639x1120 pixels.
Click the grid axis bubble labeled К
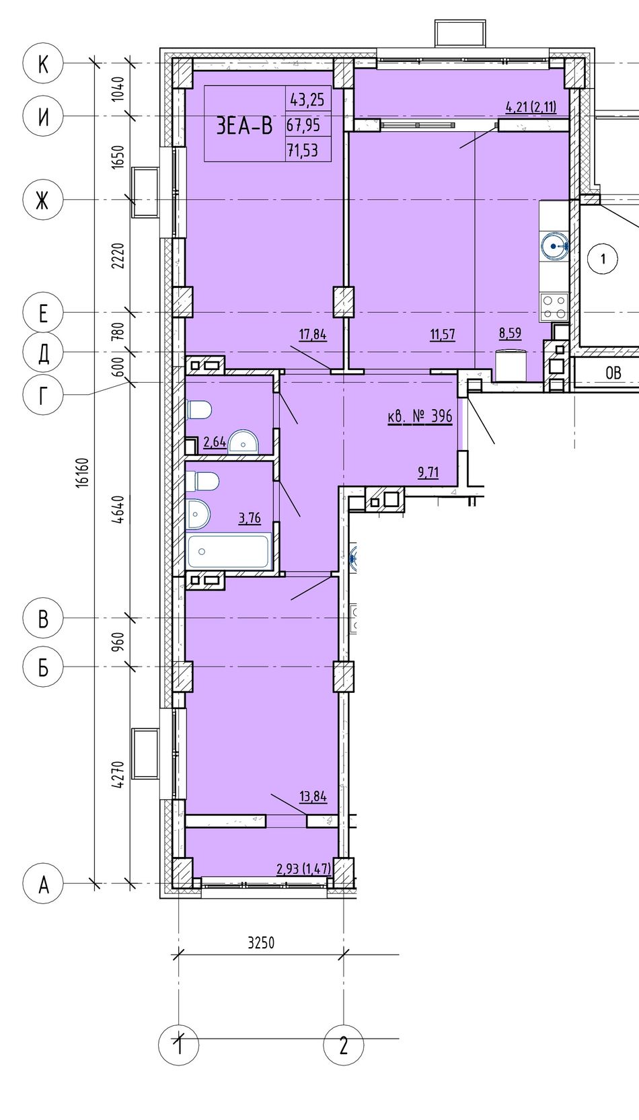click(43, 63)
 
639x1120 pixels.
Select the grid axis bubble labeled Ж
click(43, 201)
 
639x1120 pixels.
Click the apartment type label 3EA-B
click(244, 126)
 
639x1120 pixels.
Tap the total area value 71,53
click(302, 149)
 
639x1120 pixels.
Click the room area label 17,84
click(313, 334)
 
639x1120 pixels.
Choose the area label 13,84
click(313, 796)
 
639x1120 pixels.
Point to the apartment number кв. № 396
click(420, 416)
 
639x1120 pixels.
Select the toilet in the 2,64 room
click(198, 410)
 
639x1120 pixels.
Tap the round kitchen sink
click(554, 246)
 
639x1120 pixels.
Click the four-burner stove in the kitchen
click(554, 307)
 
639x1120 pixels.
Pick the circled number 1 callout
click(603, 259)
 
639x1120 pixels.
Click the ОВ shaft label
click(613, 373)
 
